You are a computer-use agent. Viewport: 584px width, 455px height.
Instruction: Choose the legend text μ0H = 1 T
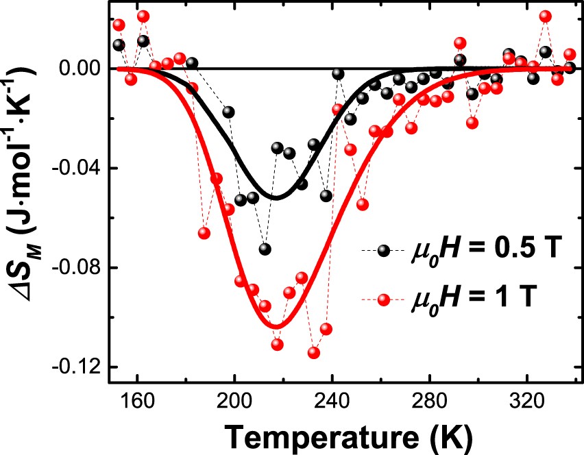pyautogui.click(x=470, y=299)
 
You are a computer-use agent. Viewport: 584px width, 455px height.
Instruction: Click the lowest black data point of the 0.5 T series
pyautogui.click(x=265, y=249)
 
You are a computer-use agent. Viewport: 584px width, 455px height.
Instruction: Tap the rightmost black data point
pyautogui.click(x=569, y=67)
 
